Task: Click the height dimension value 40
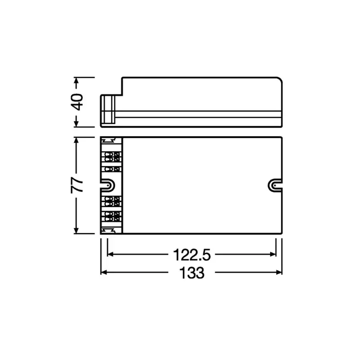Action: tap(78, 102)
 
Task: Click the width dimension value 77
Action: tap(78, 185)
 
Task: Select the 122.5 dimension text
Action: tap(192, 255)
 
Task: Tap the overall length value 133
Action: tap(192, 273)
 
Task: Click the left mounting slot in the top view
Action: tap(109, 184)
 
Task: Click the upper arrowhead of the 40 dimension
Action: tap(78, 82)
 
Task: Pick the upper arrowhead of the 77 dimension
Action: tap(78, 140)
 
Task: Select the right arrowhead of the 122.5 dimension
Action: tap(273, 254)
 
